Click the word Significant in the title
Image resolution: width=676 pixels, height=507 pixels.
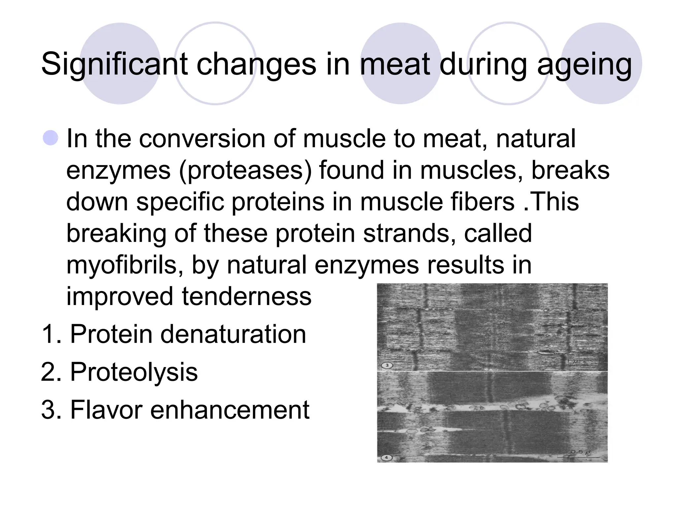114,64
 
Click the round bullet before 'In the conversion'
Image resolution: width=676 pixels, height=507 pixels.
51,138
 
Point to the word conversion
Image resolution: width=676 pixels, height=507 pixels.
202,139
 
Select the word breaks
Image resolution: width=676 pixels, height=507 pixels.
570,170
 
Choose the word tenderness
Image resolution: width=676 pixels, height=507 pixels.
247,296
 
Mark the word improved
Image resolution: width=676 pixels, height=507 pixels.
119,297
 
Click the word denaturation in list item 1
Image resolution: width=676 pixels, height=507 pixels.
233,334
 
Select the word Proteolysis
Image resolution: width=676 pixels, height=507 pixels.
134,372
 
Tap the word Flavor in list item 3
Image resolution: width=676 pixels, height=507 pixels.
106,410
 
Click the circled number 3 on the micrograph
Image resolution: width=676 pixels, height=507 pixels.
387,365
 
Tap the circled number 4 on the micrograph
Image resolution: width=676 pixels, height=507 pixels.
387,458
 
